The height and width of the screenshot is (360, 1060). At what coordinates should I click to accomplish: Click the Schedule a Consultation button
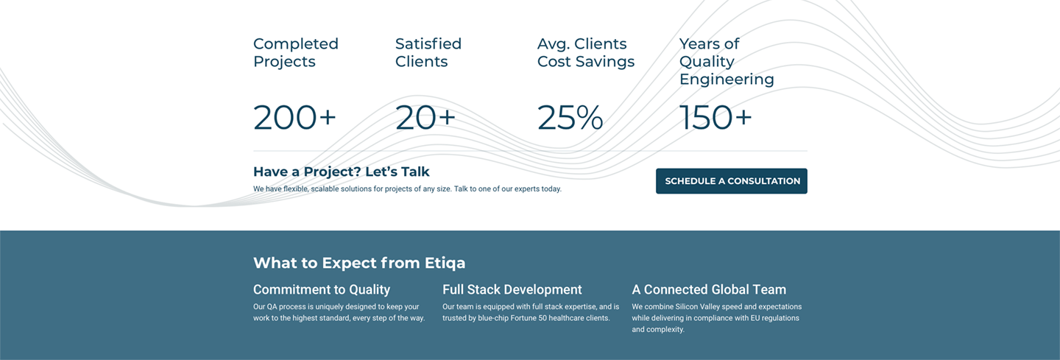(731, 181)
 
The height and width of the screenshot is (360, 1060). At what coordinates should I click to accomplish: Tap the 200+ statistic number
(294, 117)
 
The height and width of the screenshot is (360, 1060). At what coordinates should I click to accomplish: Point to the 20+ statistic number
(425, 117)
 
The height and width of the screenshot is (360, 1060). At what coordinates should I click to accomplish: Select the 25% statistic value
(570, 117)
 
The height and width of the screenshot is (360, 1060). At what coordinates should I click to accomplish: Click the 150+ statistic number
(715, 117)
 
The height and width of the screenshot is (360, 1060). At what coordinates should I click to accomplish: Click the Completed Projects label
(296, 52)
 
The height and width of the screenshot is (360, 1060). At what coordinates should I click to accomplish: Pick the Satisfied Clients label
(428, 52)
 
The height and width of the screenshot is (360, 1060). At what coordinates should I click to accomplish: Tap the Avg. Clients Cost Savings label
(586, 52)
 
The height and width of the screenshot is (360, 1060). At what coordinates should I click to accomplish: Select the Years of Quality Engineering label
(727, 62)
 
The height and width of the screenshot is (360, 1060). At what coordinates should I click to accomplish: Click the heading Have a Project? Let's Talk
(342, 172)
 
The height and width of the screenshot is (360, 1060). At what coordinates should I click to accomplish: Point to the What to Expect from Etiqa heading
(359, 263)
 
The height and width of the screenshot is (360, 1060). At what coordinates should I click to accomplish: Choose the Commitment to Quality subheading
(322, 289)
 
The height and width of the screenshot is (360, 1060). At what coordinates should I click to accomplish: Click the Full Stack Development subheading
(512, 289)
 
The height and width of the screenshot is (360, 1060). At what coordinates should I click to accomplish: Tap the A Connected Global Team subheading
(709, 289)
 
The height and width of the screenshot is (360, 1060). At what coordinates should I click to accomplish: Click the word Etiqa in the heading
(445, 263)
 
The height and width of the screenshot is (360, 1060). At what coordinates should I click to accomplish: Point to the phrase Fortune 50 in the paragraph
(528, 318)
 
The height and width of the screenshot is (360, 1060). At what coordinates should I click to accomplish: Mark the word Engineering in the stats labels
(727, 80)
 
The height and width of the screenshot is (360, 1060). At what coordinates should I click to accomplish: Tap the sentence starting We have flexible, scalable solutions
(408, 188)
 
